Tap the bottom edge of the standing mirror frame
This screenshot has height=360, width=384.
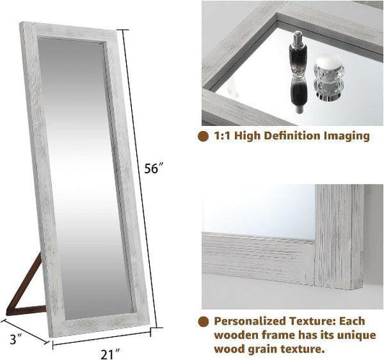coord(101,321)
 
